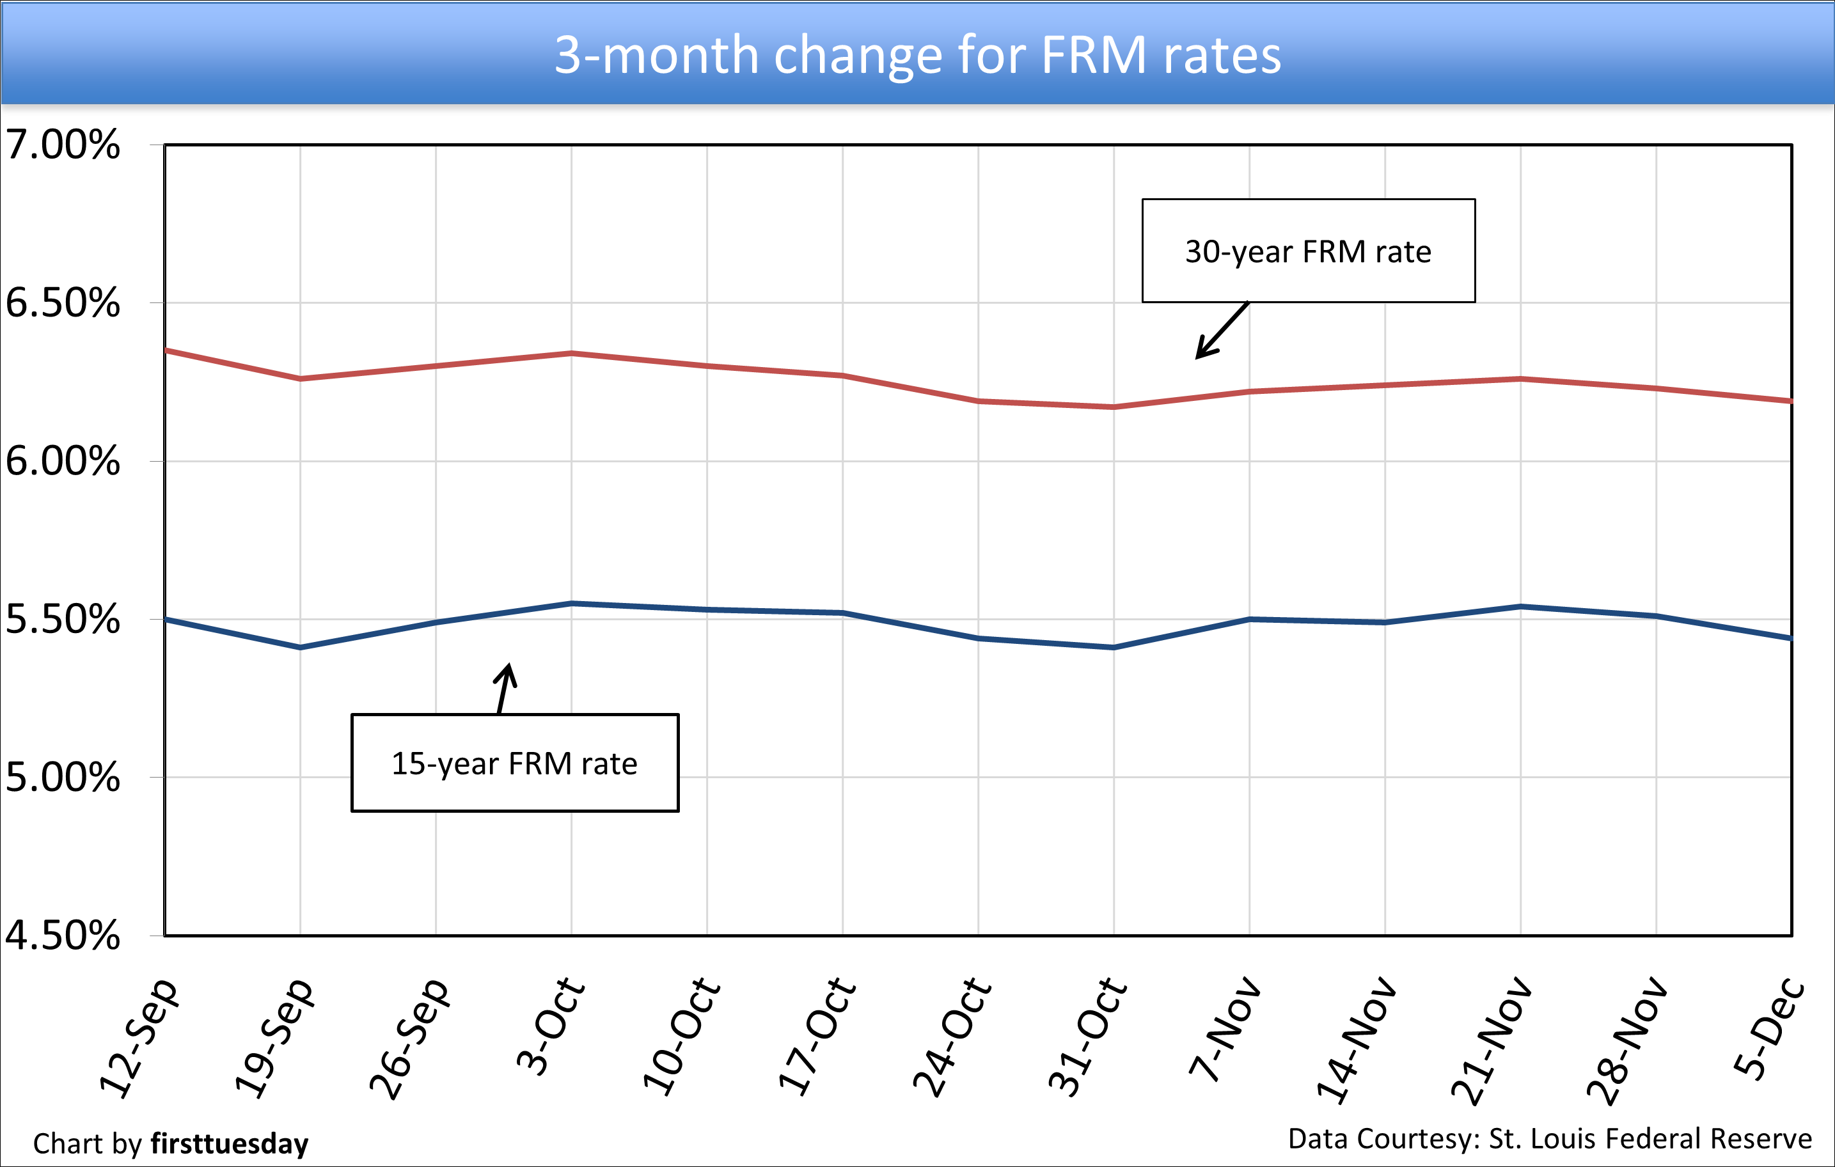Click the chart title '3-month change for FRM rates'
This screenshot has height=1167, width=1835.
917,55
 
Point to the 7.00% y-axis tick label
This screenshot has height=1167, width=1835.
63,145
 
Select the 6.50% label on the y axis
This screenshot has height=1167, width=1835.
63,303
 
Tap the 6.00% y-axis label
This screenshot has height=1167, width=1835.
63,461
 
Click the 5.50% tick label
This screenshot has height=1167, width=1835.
63,619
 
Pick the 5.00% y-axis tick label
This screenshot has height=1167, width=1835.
63,778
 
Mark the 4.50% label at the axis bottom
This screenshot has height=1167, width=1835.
63,936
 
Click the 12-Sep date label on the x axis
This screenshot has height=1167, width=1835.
139,1037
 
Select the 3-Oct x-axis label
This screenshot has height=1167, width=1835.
550,1027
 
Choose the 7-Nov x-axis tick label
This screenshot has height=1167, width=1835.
1225,1028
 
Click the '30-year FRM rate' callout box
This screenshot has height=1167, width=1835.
1308,251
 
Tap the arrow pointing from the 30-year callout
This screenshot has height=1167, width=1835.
1222,331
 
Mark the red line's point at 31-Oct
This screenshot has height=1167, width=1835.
1114,407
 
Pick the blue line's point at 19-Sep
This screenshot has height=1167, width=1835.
300,648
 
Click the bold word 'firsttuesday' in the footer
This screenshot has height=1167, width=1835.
230,1144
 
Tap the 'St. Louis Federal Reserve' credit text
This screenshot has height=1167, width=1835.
1650,1139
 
